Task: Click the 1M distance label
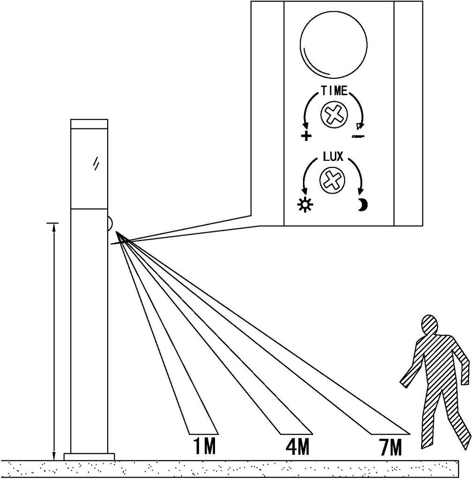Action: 204,446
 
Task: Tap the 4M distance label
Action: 297,447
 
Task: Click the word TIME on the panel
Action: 334,91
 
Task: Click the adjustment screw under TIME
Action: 333,114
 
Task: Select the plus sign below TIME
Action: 306,136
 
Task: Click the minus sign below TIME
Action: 358,136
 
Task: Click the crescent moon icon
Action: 362,205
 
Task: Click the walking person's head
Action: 430,325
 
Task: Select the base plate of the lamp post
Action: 89,456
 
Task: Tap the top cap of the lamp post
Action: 89,123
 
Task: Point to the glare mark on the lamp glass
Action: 96,162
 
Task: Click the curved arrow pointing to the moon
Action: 358,176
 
